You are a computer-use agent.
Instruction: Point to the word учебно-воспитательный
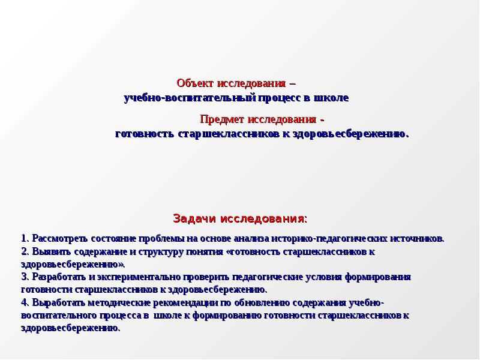pyautogui.click(x=190, y=97)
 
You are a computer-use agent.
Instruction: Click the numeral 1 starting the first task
pyautogui.click(x=23, y=238)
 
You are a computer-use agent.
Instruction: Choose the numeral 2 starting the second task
pyautogui.click(x=23, y=251)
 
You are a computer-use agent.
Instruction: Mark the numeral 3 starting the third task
pyautogui.click(x=23, y=277)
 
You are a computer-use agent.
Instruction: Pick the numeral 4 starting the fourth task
pyautogui.click(x=23, y=302)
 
